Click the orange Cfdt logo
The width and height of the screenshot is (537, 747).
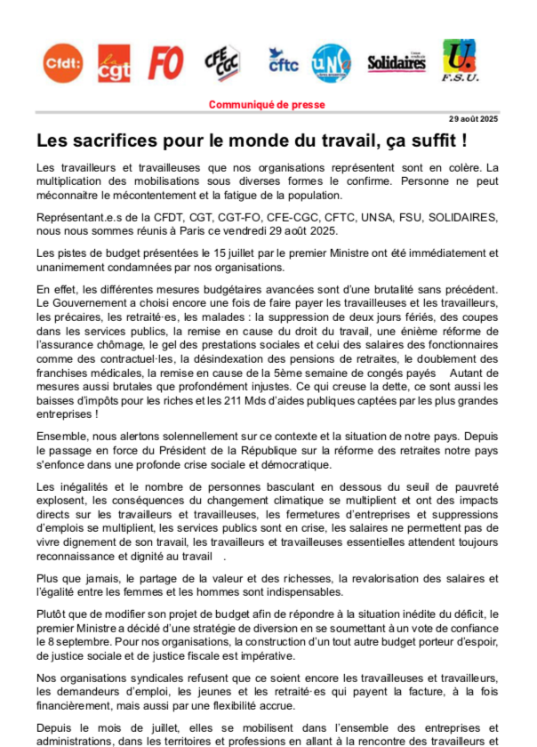pos(62,62)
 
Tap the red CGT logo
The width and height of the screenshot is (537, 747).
pos(114,62)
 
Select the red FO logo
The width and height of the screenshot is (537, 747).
pos(165,62)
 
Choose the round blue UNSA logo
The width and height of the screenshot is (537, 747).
pos(331,63)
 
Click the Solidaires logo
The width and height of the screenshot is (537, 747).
pos(397,62)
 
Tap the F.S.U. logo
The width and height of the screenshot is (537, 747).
pos(460,60)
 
